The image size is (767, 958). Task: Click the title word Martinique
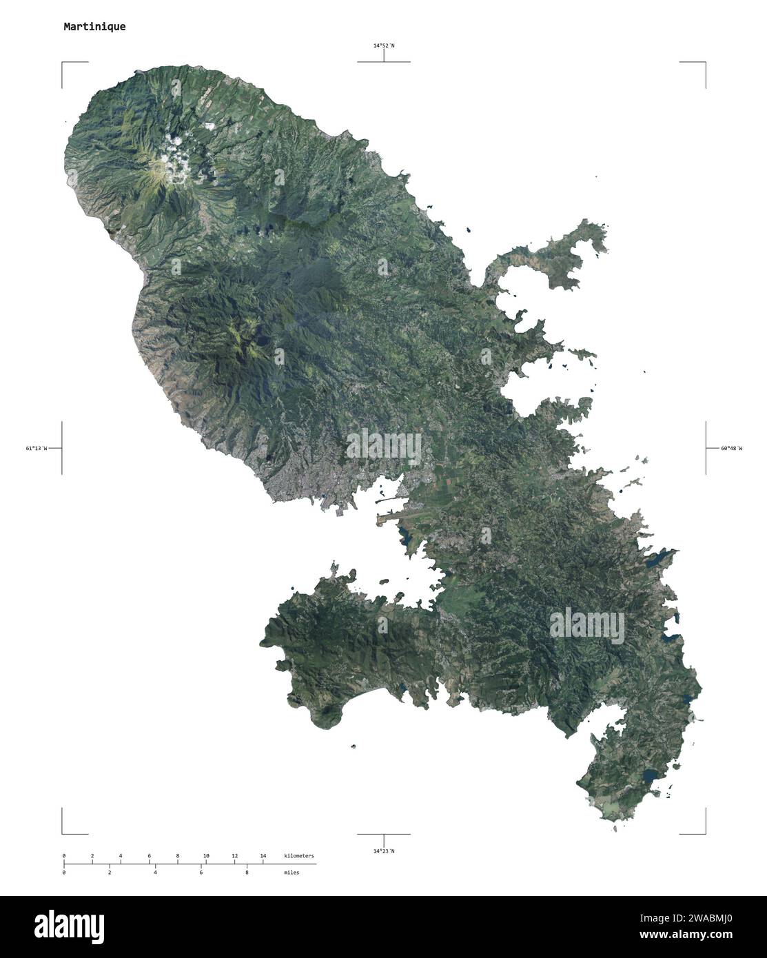click(x=94, y=27)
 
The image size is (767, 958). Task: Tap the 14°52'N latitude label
click(x=384, y=45)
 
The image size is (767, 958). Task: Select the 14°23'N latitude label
click(x=384, y=851)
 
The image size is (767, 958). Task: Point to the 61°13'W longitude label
click(x=37, y=449)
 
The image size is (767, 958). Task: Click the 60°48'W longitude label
click(x=732, y=449)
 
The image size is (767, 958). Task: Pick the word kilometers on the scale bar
click(x=298, y=856)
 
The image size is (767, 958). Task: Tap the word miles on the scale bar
click(x=291, y=873)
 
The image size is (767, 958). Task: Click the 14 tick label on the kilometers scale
click(x=263, y=856)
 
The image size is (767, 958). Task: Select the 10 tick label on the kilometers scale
click(x=206, y=856)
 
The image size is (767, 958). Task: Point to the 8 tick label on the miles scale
click(x=247, y=873)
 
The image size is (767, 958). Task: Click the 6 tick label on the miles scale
click(x=201, y=873)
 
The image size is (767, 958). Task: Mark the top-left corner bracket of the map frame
click(x=63, y=63)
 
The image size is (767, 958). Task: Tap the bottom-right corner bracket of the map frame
click(x=704, y=832)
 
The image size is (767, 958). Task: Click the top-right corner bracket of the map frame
click(x=704, y=63)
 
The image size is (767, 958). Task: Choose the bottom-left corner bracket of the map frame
click(x=63, y=832)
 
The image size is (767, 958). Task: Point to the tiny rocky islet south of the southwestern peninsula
click(x=354, y=746)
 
